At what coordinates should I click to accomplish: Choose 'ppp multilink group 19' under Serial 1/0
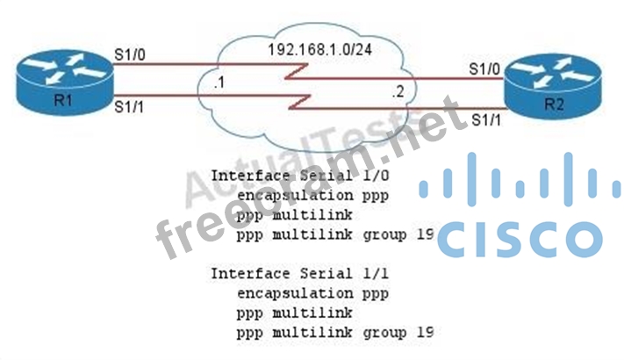[x=334, y=234]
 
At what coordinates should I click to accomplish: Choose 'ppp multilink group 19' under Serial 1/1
[x=334, y=333]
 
